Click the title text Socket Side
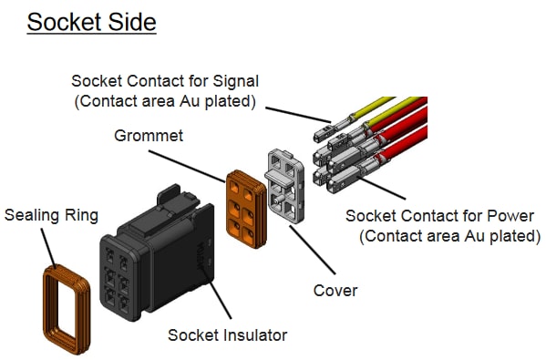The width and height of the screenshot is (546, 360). (91, 21)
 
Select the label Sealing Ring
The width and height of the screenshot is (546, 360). (51, 216)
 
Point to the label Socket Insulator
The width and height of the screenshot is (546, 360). (227, 334)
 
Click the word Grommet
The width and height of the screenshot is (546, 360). (149, 136)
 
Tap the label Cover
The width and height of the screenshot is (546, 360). (335, 291)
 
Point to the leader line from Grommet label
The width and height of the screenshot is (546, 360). (205, 155)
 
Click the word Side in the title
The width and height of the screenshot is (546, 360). (132, 21)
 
